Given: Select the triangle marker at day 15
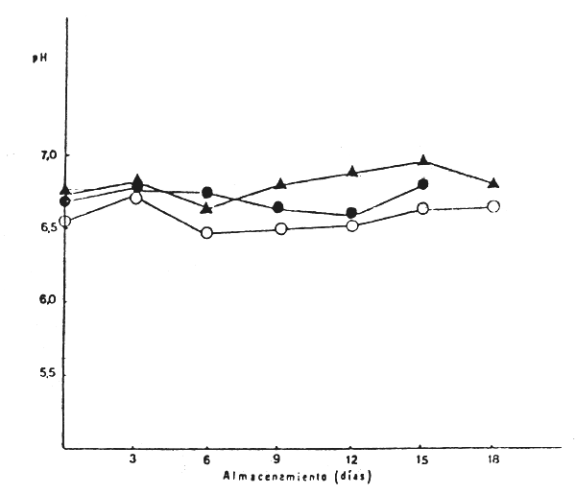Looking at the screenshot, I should [423, 160].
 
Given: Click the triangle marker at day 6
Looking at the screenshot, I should [206, 207].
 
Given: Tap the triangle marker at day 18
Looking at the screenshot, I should [493, 182].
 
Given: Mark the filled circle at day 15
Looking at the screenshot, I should [423, 183].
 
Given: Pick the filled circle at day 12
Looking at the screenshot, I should [351, 213].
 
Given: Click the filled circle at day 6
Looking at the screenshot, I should [206, 193].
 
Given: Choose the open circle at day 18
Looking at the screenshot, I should [493, 206].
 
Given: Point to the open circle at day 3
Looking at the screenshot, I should [136, 198].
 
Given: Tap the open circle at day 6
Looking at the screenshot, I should [206, 232].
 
